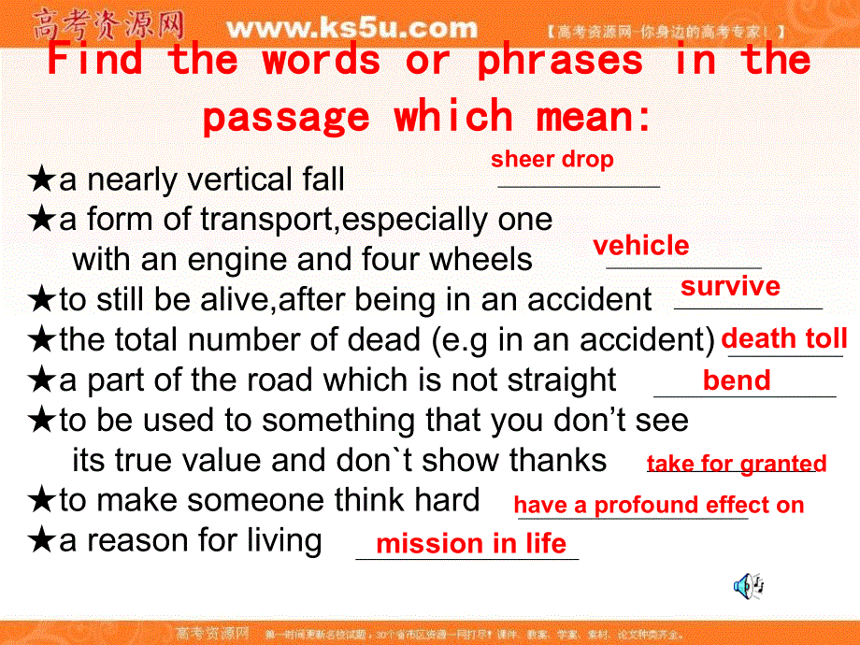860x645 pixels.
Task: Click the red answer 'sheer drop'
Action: (x=552, y=160)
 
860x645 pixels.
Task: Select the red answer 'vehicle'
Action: (x=641, y=246)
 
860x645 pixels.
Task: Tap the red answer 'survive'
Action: (x=730, y=286)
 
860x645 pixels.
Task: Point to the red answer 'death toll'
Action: (x=784, y=338)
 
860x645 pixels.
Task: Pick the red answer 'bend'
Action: (x=737, y=380)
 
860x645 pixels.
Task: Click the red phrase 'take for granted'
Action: (x=737, y=464)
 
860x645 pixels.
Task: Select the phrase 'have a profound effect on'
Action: (x=658, y=506)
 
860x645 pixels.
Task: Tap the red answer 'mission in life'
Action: (x=470, y=544)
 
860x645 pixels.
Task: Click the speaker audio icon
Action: (x=749, y=586)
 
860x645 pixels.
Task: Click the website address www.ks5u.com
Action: (x=351, y=28)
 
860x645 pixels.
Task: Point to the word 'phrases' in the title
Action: (x=560, y=62)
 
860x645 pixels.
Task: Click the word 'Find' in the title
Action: (x=94, y=62)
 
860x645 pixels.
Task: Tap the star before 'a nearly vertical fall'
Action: (x=42, y=179)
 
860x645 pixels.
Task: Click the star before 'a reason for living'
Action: (x=42, y=540)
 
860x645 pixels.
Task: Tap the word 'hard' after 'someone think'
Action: (x=445, y=500)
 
